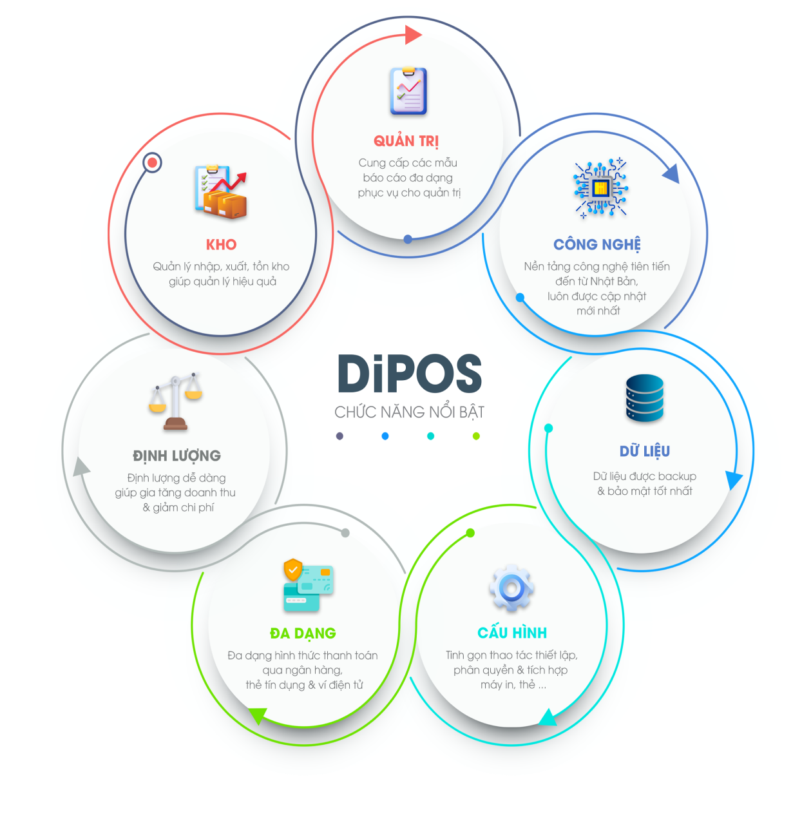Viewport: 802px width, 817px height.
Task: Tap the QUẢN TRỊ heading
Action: (x=406, y=141)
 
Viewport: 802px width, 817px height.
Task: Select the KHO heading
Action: (x=221, y=245)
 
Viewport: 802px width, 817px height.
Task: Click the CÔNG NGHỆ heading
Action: (x=597, y=245)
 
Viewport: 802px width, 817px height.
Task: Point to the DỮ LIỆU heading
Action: (x=645, y=451)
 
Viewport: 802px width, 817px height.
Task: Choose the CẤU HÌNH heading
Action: (x=512, y=633)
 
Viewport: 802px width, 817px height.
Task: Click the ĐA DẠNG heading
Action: (x=303, y=633)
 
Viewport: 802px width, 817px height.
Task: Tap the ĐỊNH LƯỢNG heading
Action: (x=177, y=456)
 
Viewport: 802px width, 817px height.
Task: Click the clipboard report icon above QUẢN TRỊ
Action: (x=408, y=91)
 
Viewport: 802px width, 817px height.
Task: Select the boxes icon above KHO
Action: (x=221, y=192)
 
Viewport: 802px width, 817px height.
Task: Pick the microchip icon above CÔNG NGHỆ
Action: (x=600, y=188)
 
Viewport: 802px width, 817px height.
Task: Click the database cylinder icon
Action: (x=644, y=398)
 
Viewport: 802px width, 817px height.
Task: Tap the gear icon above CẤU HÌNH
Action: (x=511, y=588)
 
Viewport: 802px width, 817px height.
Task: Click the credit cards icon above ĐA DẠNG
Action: (x=308, y=585)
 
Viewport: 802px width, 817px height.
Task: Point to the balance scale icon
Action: (x=175, y=401)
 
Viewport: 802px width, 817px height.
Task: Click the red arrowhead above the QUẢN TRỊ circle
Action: (x=413, y=35)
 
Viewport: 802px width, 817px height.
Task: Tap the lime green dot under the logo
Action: (x=476, y=436)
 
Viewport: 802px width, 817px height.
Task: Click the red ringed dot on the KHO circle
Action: (x=152, y=162)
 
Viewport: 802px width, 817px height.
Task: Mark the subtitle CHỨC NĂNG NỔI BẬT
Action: (x=410, y=412)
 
